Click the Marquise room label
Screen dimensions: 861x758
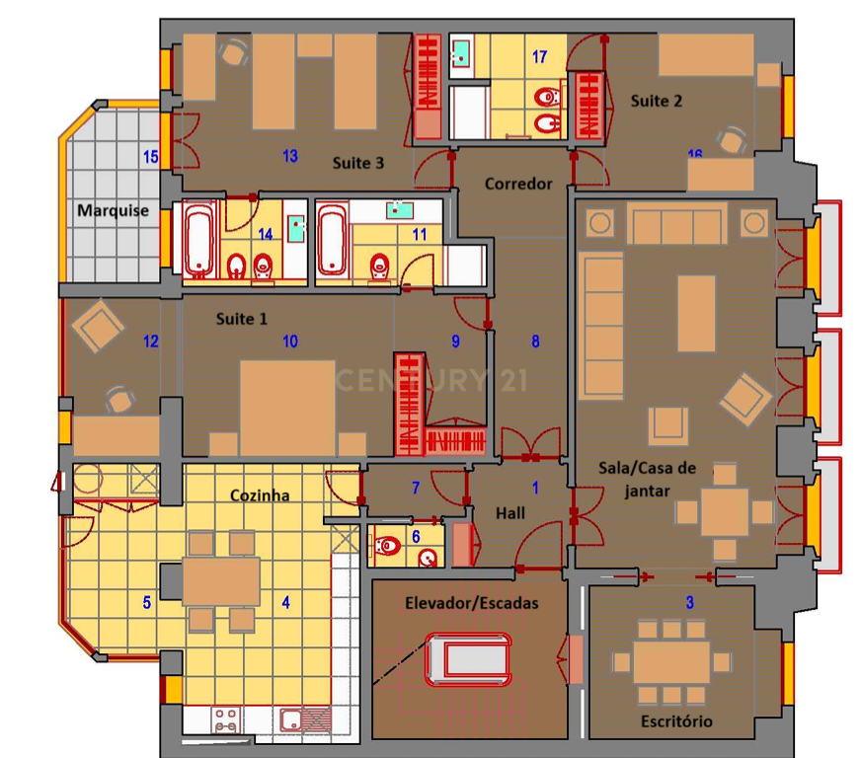point(114,210)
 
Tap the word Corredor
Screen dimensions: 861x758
point(518,184)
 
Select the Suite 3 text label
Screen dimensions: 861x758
point(358,163)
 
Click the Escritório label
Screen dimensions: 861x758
point(676,720)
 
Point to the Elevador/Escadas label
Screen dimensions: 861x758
point(472,603)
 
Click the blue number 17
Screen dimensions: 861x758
point(539,56)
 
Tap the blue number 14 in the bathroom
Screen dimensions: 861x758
point(266,234)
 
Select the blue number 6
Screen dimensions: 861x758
point(416,536)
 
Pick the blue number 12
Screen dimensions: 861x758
point(151,341)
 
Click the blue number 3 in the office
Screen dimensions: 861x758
point(689,602)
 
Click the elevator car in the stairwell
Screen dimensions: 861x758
point(468,659)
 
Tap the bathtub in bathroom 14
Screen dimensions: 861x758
point(198,239)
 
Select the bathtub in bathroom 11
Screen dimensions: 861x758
point(332,239)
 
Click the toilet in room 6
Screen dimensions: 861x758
point(387,546)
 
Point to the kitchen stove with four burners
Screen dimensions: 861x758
point(225,720)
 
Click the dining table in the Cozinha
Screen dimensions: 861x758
point(221,580)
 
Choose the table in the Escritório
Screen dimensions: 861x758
point(671,662)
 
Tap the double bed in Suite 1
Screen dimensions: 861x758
point(287,408)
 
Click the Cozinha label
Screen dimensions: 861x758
point(260,495)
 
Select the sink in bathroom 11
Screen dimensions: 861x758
point(399,210)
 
